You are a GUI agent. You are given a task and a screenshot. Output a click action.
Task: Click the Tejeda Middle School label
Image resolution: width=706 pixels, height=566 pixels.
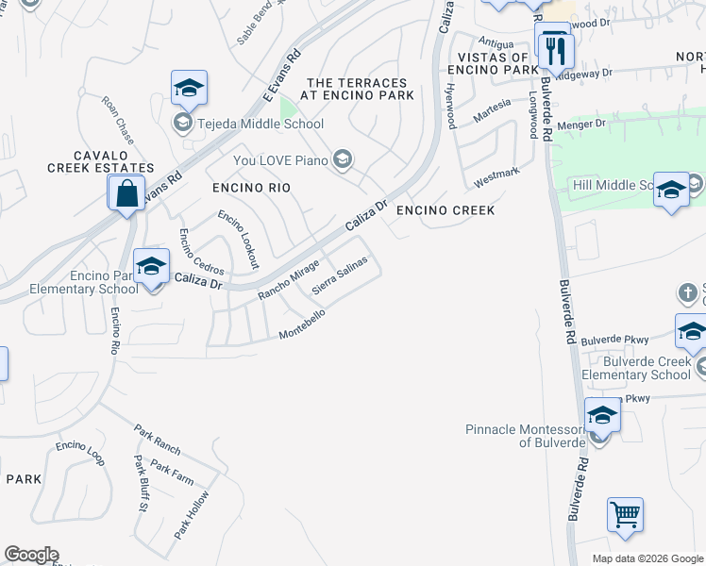pyautogui.click(x=259, y=124)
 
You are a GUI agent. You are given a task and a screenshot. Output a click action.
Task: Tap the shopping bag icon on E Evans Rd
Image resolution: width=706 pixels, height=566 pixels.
pyautogui.click(x=126, y=194)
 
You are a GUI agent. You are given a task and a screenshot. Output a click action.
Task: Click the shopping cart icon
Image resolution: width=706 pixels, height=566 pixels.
pyautogui.click(x=625, y=516)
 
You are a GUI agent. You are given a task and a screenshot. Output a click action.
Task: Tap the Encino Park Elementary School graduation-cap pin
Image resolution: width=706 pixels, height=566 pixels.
pyautogui.click(x=150, y=267)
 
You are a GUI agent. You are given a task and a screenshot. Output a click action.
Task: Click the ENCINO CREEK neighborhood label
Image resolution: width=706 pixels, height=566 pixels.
pyautogui.click(x=445, y=210)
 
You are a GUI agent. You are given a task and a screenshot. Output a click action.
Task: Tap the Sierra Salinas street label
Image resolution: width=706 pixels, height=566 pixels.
pyautogui.click(x=339, y=274)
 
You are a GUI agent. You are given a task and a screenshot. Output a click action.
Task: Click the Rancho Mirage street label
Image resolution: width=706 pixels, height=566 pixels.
pyautogui.click(x=289, y=282)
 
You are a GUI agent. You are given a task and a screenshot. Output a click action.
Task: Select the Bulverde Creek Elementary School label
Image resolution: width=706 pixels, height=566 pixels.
pyautogui.click(x=636, y=368)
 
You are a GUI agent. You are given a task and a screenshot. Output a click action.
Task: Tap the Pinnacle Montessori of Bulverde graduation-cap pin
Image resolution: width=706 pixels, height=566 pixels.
pyautogui.click(x=602, y=415)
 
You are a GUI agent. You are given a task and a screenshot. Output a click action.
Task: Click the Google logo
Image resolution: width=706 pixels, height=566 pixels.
pyautogui.click(x=30, y=555)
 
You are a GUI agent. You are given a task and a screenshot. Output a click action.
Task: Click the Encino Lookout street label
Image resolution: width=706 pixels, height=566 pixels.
pyautogui.click(x=238, y=240)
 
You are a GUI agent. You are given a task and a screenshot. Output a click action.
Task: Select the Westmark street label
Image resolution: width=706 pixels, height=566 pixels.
pyautogui.click(x=496, y=175)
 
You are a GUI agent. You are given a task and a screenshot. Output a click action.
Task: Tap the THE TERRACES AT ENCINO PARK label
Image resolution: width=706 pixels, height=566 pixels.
pyautogui.click(x=359, y=89)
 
